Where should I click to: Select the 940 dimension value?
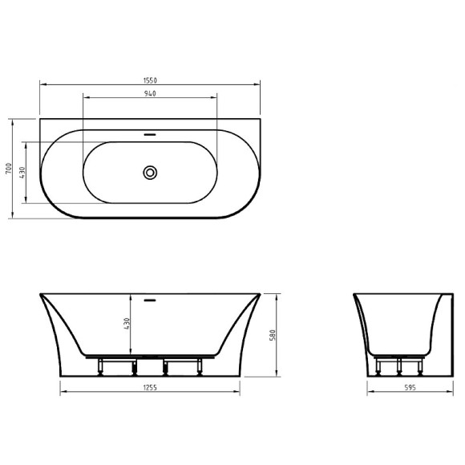[150, 94]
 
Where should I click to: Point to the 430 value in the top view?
[23, 172]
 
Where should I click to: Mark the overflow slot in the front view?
[150, 302]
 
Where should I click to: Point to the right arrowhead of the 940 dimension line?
[215, 99]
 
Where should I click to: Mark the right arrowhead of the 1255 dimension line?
[238, 393]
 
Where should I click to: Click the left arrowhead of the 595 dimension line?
[370, 393]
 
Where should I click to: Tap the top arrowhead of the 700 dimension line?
[14, 123]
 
